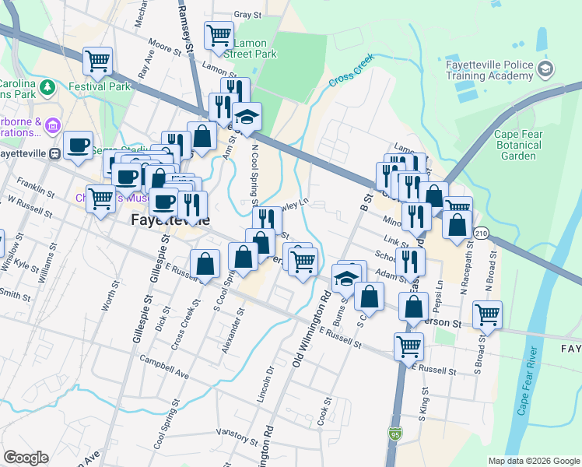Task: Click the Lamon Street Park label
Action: point(250,49)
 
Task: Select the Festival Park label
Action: point(100,86)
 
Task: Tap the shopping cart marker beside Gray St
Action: point(219,34)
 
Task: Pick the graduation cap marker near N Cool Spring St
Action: point(248,117)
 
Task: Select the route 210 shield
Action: point(482,233)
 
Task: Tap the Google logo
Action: point(26,458)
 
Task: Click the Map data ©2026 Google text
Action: point(533,461)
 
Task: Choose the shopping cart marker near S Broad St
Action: point(487,314)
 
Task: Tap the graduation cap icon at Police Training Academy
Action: point(545,70)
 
